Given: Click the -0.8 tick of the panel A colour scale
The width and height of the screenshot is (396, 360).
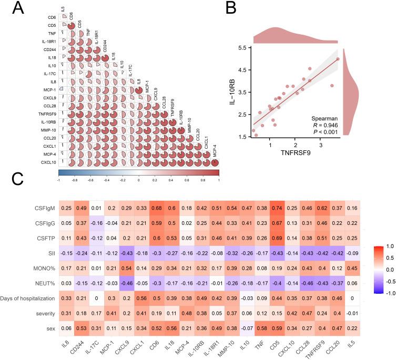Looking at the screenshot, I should [x=74, y=179].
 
